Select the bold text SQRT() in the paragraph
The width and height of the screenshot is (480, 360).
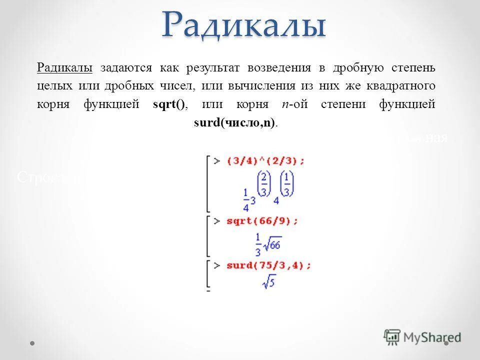point(169,104)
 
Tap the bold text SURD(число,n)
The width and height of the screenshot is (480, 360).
point(234,123)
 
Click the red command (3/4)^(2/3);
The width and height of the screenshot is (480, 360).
point(265,161)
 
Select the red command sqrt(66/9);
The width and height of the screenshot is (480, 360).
point(261,220)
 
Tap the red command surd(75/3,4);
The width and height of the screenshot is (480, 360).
point(268,265)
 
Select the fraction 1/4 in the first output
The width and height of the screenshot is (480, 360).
point(246,200)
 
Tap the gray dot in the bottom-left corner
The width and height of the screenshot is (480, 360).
point(32,343)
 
